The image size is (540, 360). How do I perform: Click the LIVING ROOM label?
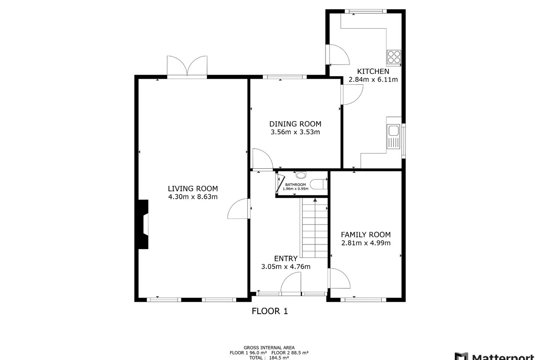[x=193, y=189]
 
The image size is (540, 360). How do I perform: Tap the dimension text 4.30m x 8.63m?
[x=193, y=197]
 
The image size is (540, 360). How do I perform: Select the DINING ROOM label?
[x=295, y=124]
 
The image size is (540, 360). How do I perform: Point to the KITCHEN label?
[x=373, y=71]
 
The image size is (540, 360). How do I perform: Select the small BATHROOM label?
[x=295, y=184]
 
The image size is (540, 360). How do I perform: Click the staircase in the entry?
[x=315, y=229]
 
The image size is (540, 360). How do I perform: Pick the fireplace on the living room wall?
[x=143, y=224]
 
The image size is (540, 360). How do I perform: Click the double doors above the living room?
[x=187, y=67]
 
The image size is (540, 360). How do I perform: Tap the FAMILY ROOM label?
[x=366, y=235]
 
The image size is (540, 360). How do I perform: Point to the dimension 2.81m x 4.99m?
[x=366, y=243]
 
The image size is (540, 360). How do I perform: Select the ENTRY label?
[x=286, y=258]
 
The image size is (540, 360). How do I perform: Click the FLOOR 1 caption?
[x=270, y=311]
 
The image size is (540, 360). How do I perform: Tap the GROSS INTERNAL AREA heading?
[x=269, y=348]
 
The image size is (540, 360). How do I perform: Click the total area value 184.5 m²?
[x=279, y=358]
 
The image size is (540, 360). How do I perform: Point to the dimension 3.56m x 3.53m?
[x=295, y=132]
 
